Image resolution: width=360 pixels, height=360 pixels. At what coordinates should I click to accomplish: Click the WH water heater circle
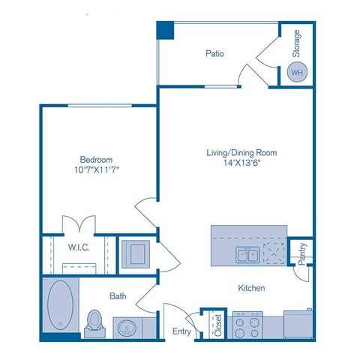pyautogui.click(x=297, y=73)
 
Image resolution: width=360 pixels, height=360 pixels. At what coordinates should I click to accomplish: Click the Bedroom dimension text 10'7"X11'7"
pyautogui.click(x=97, y=171)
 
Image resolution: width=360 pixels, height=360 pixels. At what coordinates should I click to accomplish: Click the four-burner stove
pyautogui.click(x=246, y=325)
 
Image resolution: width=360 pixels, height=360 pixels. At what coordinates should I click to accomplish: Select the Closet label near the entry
pyautogui.click(x=218, y=322)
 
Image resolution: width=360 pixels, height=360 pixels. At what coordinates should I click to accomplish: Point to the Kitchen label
pyautogui.click(x=251, y=288)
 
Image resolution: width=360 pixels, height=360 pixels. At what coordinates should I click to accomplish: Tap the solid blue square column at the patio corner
pyautogui.click(x=165, y=30)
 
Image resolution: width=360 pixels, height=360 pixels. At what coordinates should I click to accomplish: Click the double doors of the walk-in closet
pyautogui.click(x=79, y=223)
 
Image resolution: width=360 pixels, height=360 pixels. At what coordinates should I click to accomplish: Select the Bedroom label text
pyautogui.click(x=97, y=160)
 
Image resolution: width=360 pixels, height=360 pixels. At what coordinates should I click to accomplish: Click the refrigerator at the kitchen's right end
pyautogui.click(x=299, y=325)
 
